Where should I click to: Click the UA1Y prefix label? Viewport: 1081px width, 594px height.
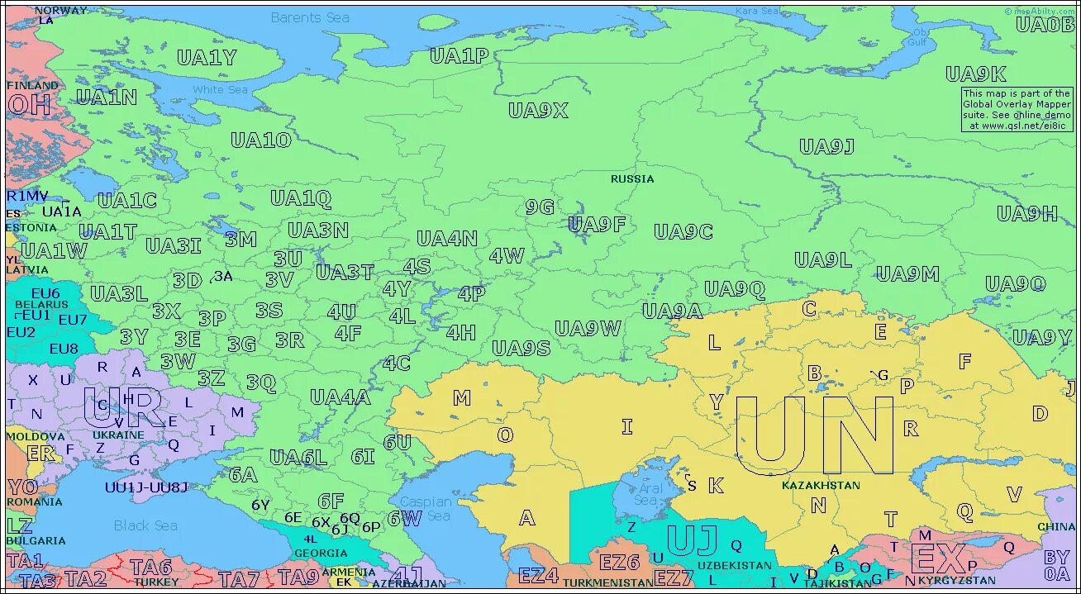click(207, 58)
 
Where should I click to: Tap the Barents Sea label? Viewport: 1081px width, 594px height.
click(310, 17)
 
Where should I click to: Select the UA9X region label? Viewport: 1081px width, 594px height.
click(538, 111)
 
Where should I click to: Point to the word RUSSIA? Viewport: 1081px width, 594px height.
click(632, 178)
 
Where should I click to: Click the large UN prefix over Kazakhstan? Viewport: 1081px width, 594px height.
click(814, 435)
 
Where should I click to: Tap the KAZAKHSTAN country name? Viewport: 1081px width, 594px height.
click(821, 486)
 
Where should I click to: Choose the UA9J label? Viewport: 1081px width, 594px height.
click(826, 147)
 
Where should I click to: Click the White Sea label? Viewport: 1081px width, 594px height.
click(220, 89)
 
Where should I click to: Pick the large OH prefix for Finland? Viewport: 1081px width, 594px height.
click(29, 105)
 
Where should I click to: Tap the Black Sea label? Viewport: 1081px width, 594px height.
click(145, 525)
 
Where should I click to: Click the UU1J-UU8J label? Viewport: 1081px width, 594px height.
click(146, 487)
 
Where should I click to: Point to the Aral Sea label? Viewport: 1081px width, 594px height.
click(649, 494)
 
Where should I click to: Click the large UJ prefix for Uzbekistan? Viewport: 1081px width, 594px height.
click(692, 540)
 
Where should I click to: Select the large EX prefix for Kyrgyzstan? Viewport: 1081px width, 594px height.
click(938, 559)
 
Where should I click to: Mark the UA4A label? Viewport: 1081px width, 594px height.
click(340, 397)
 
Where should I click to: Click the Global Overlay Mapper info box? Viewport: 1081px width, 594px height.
click(1017, 110)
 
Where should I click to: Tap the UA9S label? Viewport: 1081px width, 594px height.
click(521, 348)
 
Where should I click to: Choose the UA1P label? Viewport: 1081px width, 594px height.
click(460, 56)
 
